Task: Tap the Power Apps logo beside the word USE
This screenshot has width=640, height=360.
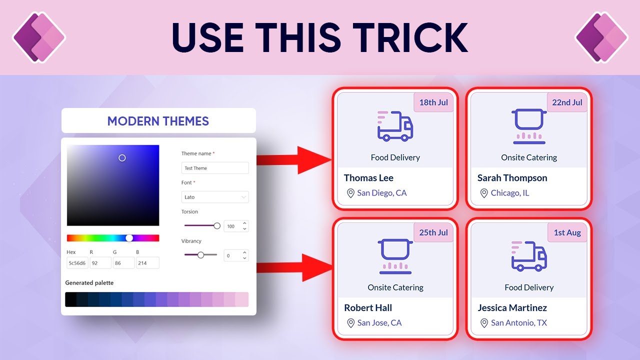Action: tap(39, 37)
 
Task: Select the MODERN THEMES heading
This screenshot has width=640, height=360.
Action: tap(158, 121)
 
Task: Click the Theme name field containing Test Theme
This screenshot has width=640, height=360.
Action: tap(214, 168)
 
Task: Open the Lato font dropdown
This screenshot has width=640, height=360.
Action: tap(214, 197)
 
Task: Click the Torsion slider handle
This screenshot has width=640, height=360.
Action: tap(217, 226)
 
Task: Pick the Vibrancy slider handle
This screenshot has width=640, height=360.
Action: tap(200, 255)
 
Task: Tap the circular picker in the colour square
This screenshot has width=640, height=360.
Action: tap(122, 158)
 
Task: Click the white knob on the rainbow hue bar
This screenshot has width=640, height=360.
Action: tap(129, 238)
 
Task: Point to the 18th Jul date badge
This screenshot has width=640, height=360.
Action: tap(433, 102)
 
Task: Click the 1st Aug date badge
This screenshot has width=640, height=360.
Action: tap(567, 232)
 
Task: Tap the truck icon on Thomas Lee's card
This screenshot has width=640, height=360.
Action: tap(395, 126)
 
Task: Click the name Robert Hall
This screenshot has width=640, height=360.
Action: tap(368, 308)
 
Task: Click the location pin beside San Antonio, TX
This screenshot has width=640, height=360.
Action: tap(483, 323)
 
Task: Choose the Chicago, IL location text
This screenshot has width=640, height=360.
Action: tap(509, 193)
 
